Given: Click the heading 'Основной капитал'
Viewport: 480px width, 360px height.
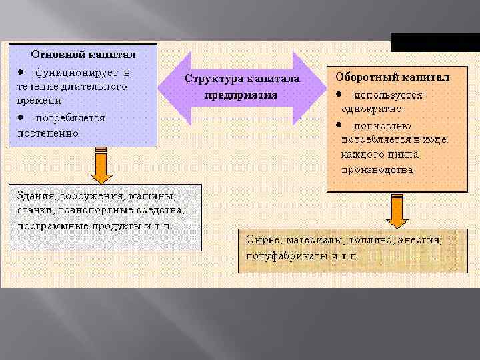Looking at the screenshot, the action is [84, 53].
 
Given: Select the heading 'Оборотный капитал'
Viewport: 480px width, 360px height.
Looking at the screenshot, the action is [392, 77].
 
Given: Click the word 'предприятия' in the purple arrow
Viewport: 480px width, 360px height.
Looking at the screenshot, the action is [241, 94].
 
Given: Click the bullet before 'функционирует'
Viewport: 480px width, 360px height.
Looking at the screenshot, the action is [22, 71].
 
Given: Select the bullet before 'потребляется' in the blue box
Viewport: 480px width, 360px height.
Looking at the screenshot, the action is [22, 117].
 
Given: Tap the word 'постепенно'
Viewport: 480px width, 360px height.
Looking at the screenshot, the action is [47, 132].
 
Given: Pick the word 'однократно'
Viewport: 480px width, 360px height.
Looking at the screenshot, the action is [371, 109].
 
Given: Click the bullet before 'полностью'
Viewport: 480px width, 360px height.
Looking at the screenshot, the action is [339, 125].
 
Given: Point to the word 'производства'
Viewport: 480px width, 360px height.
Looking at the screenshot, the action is [377, 169].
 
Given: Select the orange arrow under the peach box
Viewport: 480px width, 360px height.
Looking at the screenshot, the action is [397, 213].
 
